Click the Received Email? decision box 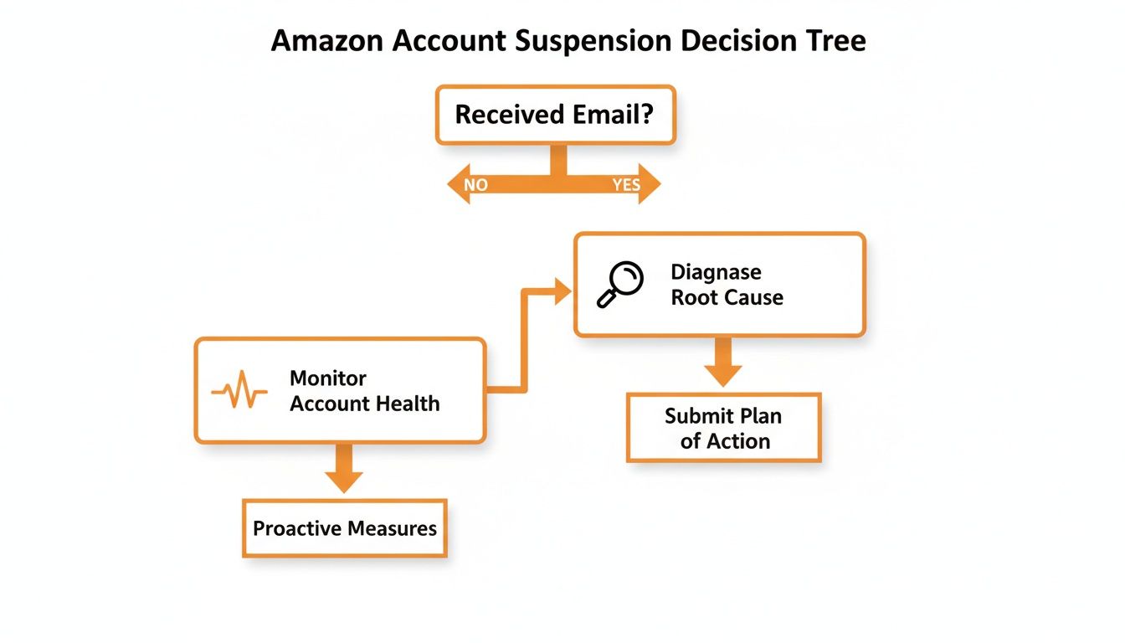tap(554, 115)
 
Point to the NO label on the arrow tap(475, 185)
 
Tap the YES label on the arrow tap(625, 185)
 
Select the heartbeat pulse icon tap(239, 391)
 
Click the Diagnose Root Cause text tap(727, 285)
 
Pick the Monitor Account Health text tap(364, 391)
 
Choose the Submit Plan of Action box tap(724, 428)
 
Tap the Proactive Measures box tap(345, 528)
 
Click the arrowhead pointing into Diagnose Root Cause tap(560, 291)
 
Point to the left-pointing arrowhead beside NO tap(456, 184)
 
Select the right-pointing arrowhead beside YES tap(650, 184)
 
